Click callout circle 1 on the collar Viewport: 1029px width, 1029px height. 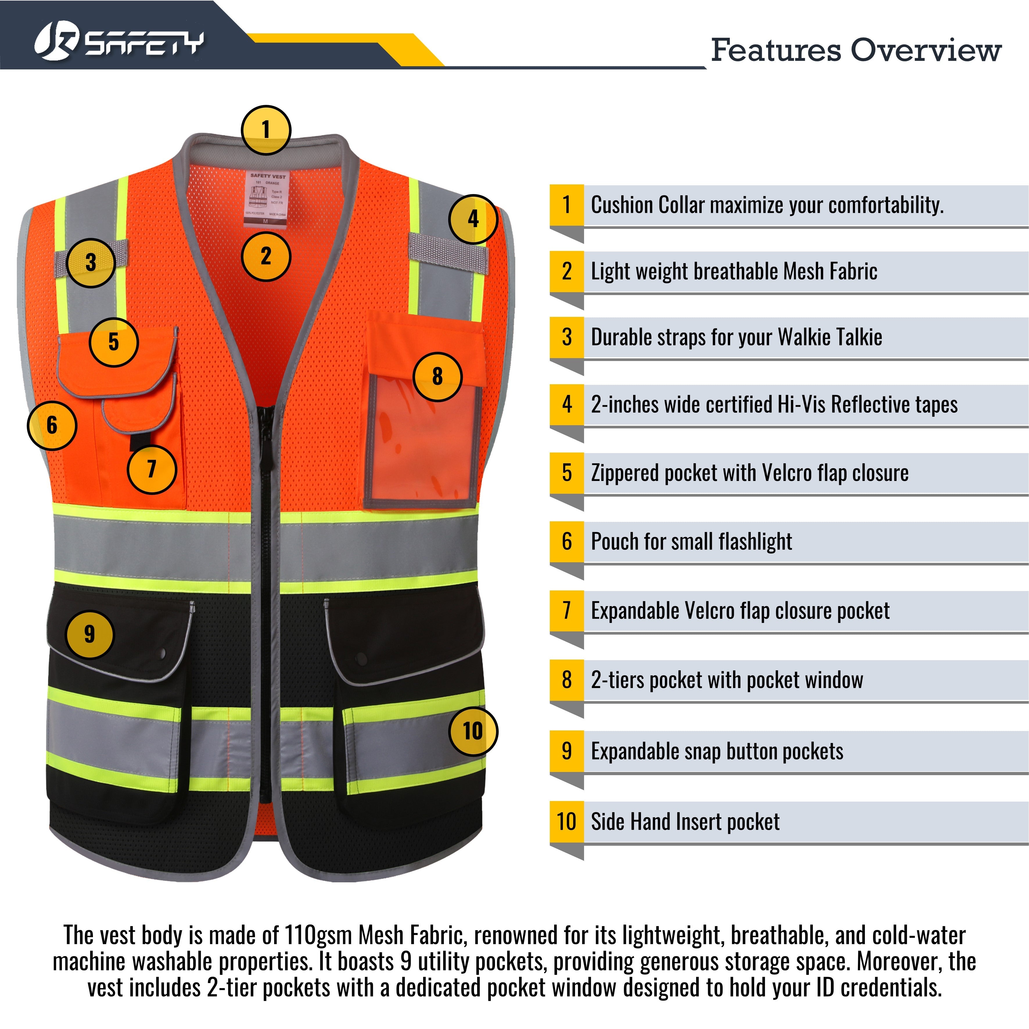(x=266, y=130)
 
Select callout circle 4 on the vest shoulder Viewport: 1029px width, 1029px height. (x=473, y=219)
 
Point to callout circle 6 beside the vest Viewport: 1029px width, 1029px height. (x=52, y=425)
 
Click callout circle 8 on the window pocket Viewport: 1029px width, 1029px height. (x=437, y=377)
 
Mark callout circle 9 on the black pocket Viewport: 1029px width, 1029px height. (x=89, y=634)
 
